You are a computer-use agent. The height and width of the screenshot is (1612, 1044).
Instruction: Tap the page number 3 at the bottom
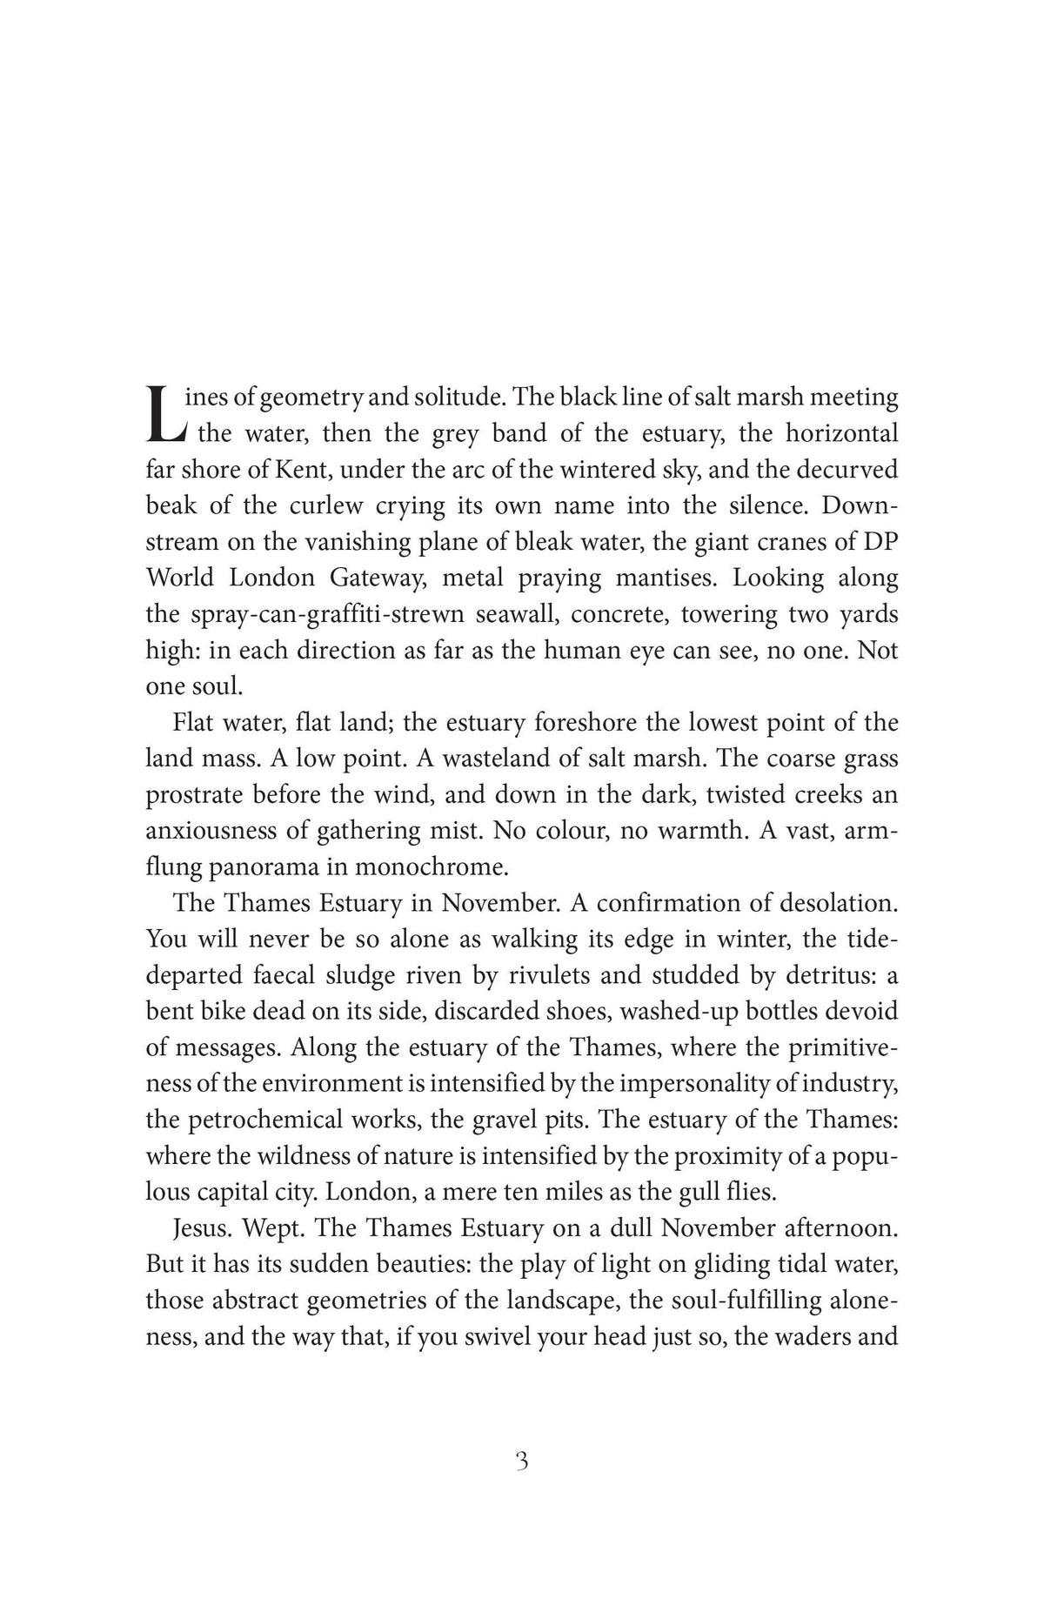522,1461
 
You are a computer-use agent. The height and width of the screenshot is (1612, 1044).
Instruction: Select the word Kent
303,470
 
